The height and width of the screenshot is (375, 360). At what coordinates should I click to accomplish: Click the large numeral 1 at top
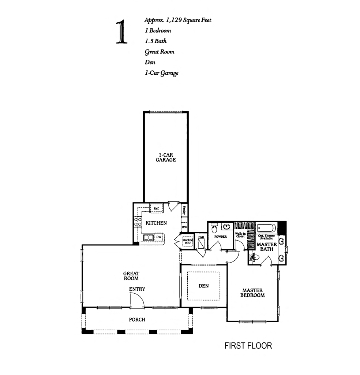point(122,32)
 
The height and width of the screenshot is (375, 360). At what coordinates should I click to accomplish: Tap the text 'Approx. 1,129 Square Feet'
point(178,20)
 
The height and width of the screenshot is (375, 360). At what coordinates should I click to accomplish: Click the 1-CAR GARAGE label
point(166,157)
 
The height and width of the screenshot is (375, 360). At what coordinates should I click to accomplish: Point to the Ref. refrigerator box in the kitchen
point(156,208)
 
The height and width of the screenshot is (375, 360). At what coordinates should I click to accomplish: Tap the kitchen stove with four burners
point(138,222)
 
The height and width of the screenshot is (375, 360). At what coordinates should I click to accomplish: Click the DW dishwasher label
point(159,237)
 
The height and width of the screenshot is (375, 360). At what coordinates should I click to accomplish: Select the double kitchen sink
point(149,237)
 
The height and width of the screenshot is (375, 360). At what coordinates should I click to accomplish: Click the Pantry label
point(184,210)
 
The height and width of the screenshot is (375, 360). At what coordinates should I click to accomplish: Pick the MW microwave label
point(184,227)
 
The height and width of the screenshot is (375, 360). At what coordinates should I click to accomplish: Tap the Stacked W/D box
point(188,242)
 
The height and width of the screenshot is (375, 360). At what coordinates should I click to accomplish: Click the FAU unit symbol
point(201,242)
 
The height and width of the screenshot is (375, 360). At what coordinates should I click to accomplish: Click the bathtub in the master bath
point(267,228)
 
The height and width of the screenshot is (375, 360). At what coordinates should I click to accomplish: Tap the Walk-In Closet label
point(240,235)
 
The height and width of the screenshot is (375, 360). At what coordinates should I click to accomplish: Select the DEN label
point(203,286)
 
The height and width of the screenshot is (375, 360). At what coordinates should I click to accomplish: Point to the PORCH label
point(137,319)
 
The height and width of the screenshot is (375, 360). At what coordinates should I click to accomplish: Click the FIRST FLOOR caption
point(248,346)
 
